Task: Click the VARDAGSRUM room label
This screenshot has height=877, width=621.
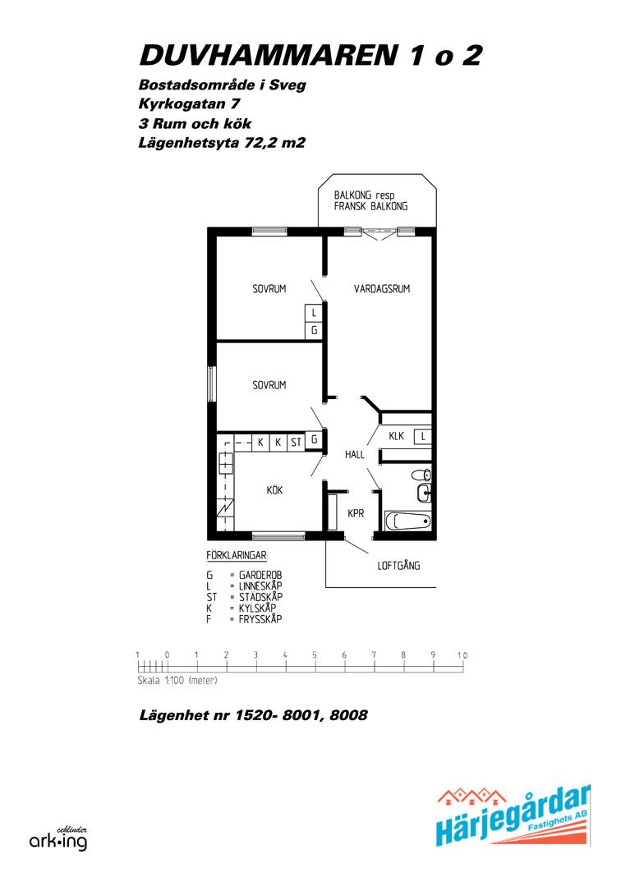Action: [381, 288]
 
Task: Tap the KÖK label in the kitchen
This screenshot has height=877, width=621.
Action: [274, 490]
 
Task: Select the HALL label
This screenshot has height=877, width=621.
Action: [355, 455]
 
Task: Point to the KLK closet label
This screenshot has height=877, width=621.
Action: [397, 436]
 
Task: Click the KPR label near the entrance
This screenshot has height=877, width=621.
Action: [356, 513]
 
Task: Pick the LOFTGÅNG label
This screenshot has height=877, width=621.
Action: [398, 566]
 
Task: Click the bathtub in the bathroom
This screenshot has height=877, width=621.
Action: [408, 521]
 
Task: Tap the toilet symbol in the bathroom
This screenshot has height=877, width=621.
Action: [421, 475]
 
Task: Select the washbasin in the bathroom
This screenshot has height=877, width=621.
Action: [424, 493]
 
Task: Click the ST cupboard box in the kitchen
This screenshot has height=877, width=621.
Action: [296, 443]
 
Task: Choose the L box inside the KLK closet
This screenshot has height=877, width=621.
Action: [423, 436]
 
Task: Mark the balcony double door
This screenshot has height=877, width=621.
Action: [379, 232]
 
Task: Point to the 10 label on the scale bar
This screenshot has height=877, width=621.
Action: [462, 655]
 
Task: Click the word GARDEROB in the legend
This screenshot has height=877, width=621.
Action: [260, 575]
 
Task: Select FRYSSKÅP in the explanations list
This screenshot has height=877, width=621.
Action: [260, 619]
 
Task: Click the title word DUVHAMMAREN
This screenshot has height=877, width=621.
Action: [268, 55]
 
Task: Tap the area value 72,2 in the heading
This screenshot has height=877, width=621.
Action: [260, 143]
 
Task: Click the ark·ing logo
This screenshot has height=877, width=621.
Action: [58, 839]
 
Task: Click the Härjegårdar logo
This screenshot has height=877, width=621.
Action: [513, 816]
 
